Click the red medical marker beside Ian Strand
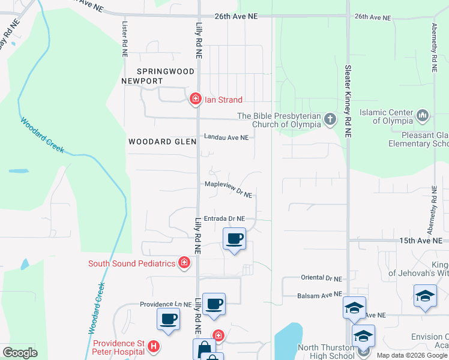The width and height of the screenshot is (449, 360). coord(195,100)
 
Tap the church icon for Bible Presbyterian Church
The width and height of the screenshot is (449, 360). coord(330,119)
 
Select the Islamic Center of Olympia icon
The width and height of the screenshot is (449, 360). coord(422,113)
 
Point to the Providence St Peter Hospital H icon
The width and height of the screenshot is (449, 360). coord(154,347)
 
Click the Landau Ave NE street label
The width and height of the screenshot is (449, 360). coord(226,137)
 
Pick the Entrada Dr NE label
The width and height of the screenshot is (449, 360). coord(224,219)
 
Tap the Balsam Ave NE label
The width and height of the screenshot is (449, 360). coord(319,295)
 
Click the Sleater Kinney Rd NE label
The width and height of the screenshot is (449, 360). coord(348,102)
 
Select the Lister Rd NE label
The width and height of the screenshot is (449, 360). coord(125,40)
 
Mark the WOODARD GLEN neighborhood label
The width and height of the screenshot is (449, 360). coord(162,142)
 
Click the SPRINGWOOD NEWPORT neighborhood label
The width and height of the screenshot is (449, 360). coord(158,76)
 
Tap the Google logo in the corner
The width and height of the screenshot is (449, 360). coord(20,353)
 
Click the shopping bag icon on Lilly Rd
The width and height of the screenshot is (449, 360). coord(203,350)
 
